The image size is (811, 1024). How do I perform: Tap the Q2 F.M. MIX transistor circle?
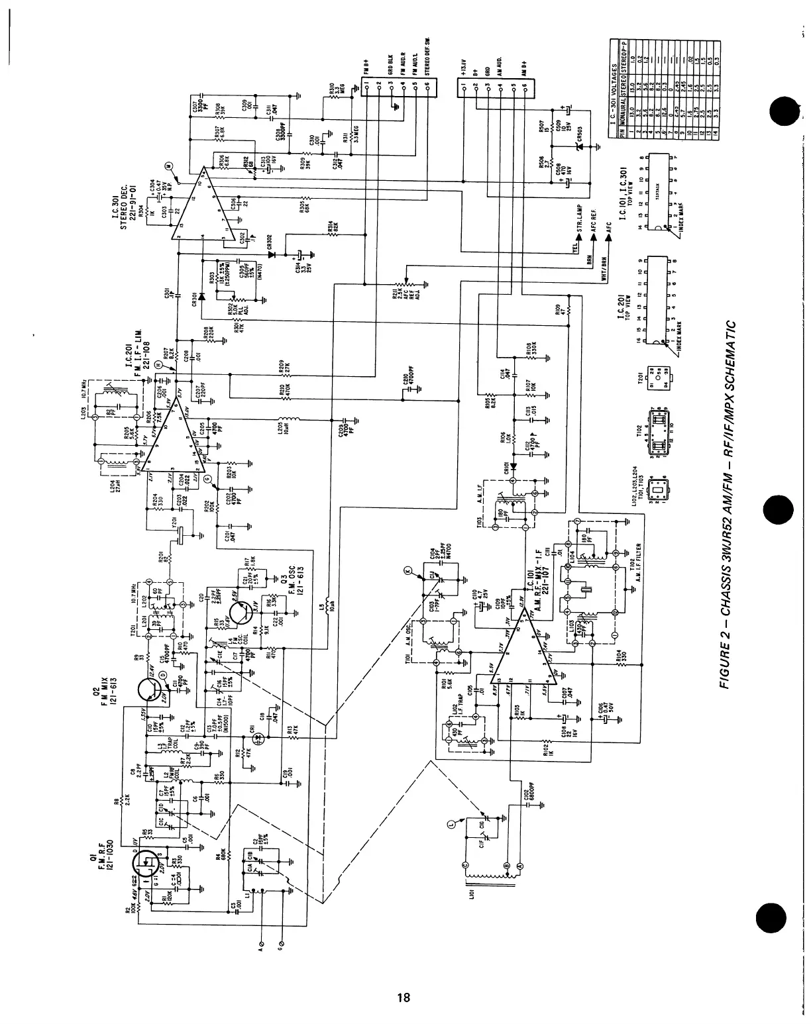(x=152, y=690)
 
